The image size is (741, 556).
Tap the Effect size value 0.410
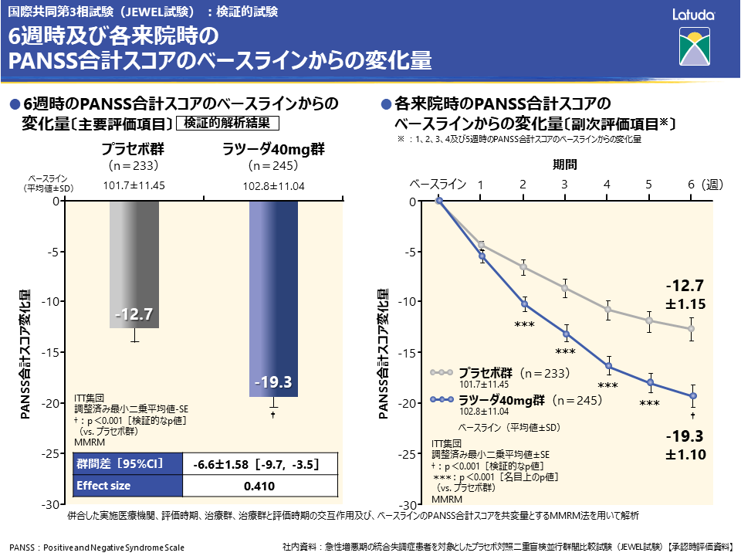259,486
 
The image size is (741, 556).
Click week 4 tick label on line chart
607,185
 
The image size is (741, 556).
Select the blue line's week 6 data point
693,396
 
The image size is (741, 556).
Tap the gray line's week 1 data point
481,245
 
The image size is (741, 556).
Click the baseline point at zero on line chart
439,201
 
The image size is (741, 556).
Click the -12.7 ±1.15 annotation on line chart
685,294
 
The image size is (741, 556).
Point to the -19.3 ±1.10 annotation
685,445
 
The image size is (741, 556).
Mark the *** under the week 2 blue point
524,325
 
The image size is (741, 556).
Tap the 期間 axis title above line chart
564,164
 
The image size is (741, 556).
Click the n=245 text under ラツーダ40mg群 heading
273,165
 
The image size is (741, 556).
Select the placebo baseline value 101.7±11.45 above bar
134,185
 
